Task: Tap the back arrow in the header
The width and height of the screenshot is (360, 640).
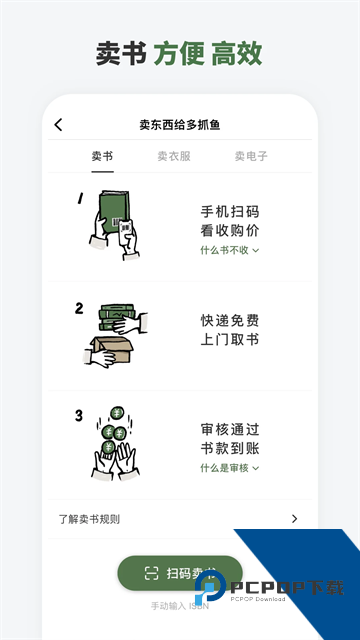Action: click(58, 125)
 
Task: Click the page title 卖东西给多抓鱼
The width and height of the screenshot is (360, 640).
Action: click(180, 125)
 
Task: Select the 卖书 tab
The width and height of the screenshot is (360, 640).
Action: click(102, 156)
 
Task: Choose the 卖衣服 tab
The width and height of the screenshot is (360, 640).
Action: click(173, 156)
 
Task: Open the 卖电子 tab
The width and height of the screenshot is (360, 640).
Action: click(251, 156)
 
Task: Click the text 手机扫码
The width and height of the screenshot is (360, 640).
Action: click(230, 212)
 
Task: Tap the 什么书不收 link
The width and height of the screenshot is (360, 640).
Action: click(229, 250)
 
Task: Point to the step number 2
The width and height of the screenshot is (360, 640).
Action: click(79, 308)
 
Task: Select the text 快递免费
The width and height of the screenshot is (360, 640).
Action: click(230, 321)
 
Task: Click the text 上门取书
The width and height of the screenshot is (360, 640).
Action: click(230, 340)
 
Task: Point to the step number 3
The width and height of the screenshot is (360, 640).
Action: click(79, 415)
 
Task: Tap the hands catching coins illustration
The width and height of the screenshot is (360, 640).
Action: click(116, 440)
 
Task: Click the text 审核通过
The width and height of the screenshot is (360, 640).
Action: click(230, 430)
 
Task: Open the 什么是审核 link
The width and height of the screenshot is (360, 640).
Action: click(229, 467)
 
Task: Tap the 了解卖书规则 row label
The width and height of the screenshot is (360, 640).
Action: click(96, 518)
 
